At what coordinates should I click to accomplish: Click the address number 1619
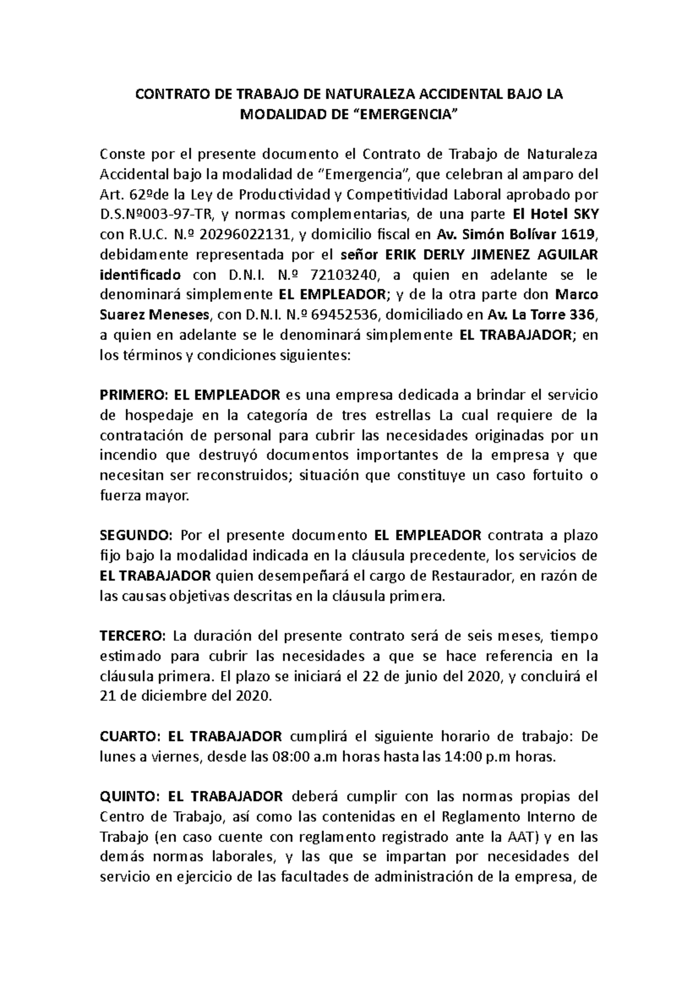click(574, 234)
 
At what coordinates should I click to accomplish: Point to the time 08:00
click(287, 757)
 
